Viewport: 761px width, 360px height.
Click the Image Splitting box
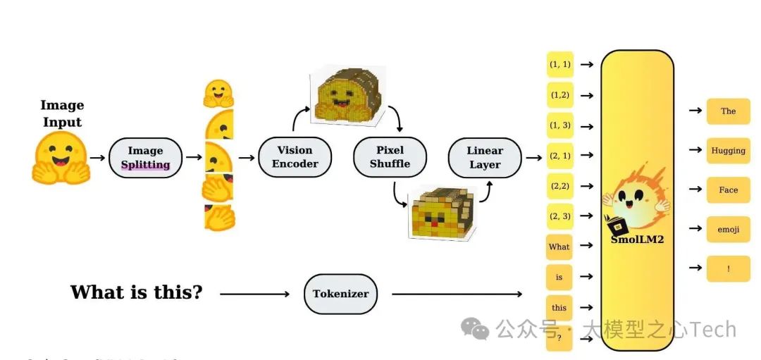[x=145, y=158]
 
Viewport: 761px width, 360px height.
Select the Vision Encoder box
[x=295, y=157]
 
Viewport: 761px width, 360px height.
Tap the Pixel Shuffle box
[x=390, y=157]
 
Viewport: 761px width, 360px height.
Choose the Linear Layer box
[x=485, y=158]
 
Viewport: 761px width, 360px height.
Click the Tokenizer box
[x=340, y=294]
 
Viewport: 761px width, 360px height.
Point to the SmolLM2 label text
[x=637, y=240]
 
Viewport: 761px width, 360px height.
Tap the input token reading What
[x=559, y=247]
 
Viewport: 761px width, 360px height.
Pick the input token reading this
[x=559, y=307]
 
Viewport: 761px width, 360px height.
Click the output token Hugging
[x=728, y=151]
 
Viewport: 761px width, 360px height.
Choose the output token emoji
[x=728, y=230]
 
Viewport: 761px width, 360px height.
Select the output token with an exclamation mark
[x=728, y=268]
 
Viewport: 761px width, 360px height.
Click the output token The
[x=728, y=111]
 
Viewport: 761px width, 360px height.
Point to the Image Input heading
[x=62, y=113]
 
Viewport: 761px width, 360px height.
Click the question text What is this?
[x=136, y=292]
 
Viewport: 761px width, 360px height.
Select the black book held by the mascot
[x=618, y=225]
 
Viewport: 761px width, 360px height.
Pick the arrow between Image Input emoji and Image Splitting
[x=98, y=158]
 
